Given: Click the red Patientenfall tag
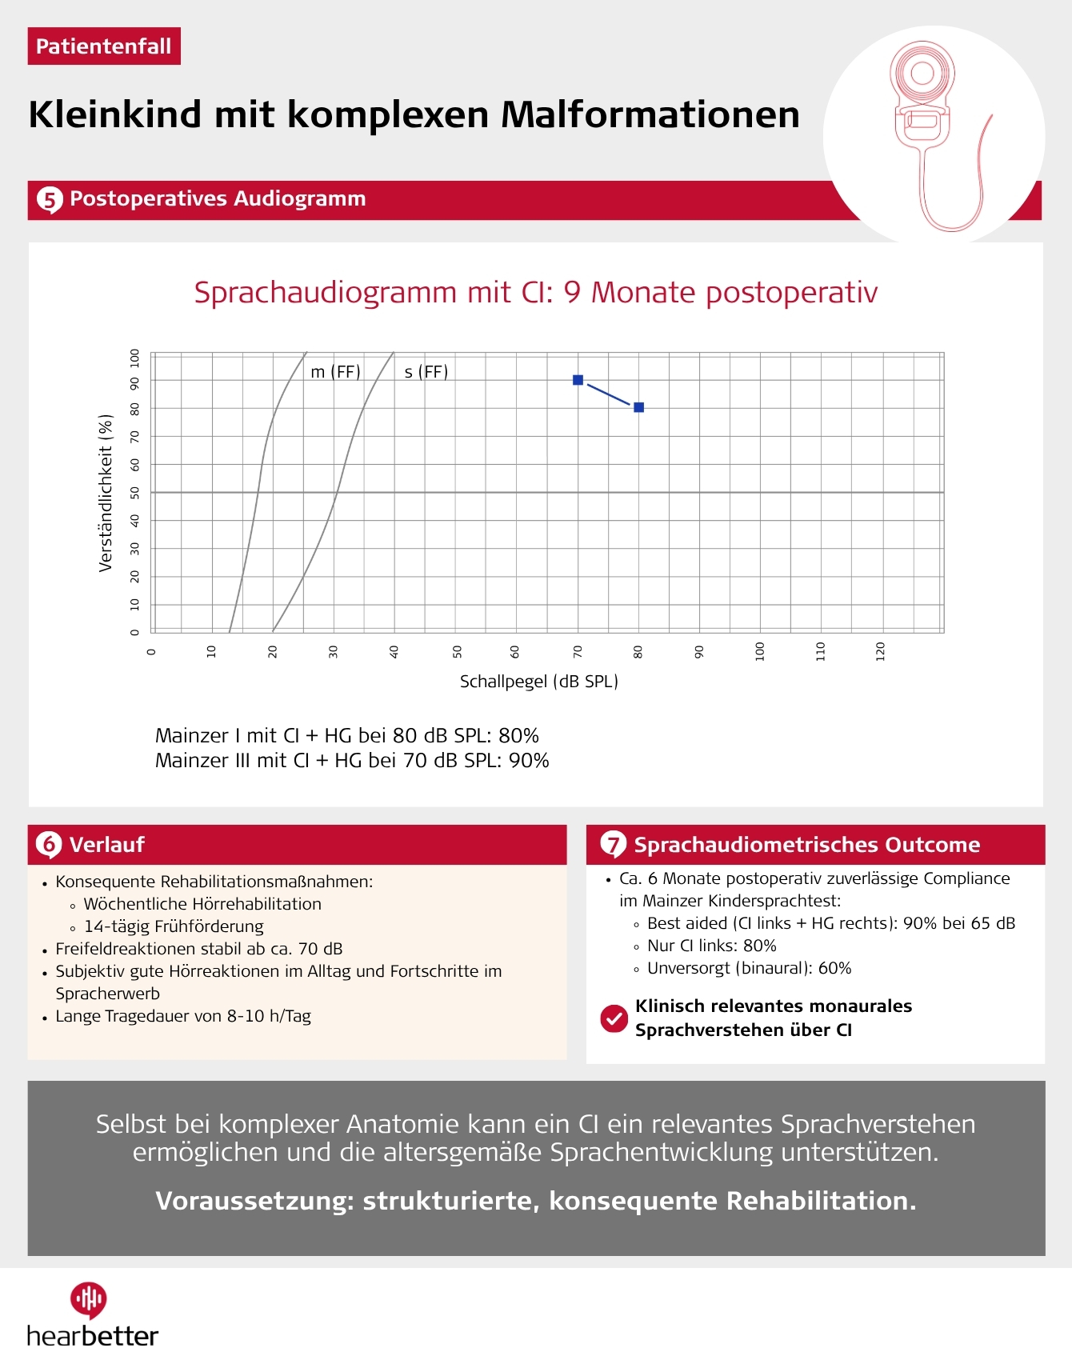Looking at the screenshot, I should coord(104,46).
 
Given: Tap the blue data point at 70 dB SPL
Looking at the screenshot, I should coord(578,380).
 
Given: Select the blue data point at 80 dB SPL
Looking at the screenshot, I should coord(638,407).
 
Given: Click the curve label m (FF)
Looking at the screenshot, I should coord(335,372).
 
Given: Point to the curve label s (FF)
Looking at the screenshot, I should coord(426,372).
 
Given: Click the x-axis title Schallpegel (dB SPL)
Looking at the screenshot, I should coord(538,682).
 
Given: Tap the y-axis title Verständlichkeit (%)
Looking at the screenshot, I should coord(106,493).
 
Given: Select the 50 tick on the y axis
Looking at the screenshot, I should coord(134,493).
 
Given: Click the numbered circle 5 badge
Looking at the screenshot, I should coord(50,199).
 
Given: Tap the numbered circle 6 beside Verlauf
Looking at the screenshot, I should coord(49,844).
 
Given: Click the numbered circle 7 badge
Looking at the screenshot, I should coord(613,844).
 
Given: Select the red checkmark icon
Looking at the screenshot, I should coord(614,1018).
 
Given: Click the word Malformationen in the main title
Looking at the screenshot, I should coord(650,114).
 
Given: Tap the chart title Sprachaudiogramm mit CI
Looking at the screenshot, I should coord(535,293).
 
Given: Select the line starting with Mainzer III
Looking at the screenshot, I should coord(352,761).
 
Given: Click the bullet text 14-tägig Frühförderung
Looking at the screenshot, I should coord(174,926).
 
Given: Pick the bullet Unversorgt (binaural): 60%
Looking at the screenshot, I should coord(749,968).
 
